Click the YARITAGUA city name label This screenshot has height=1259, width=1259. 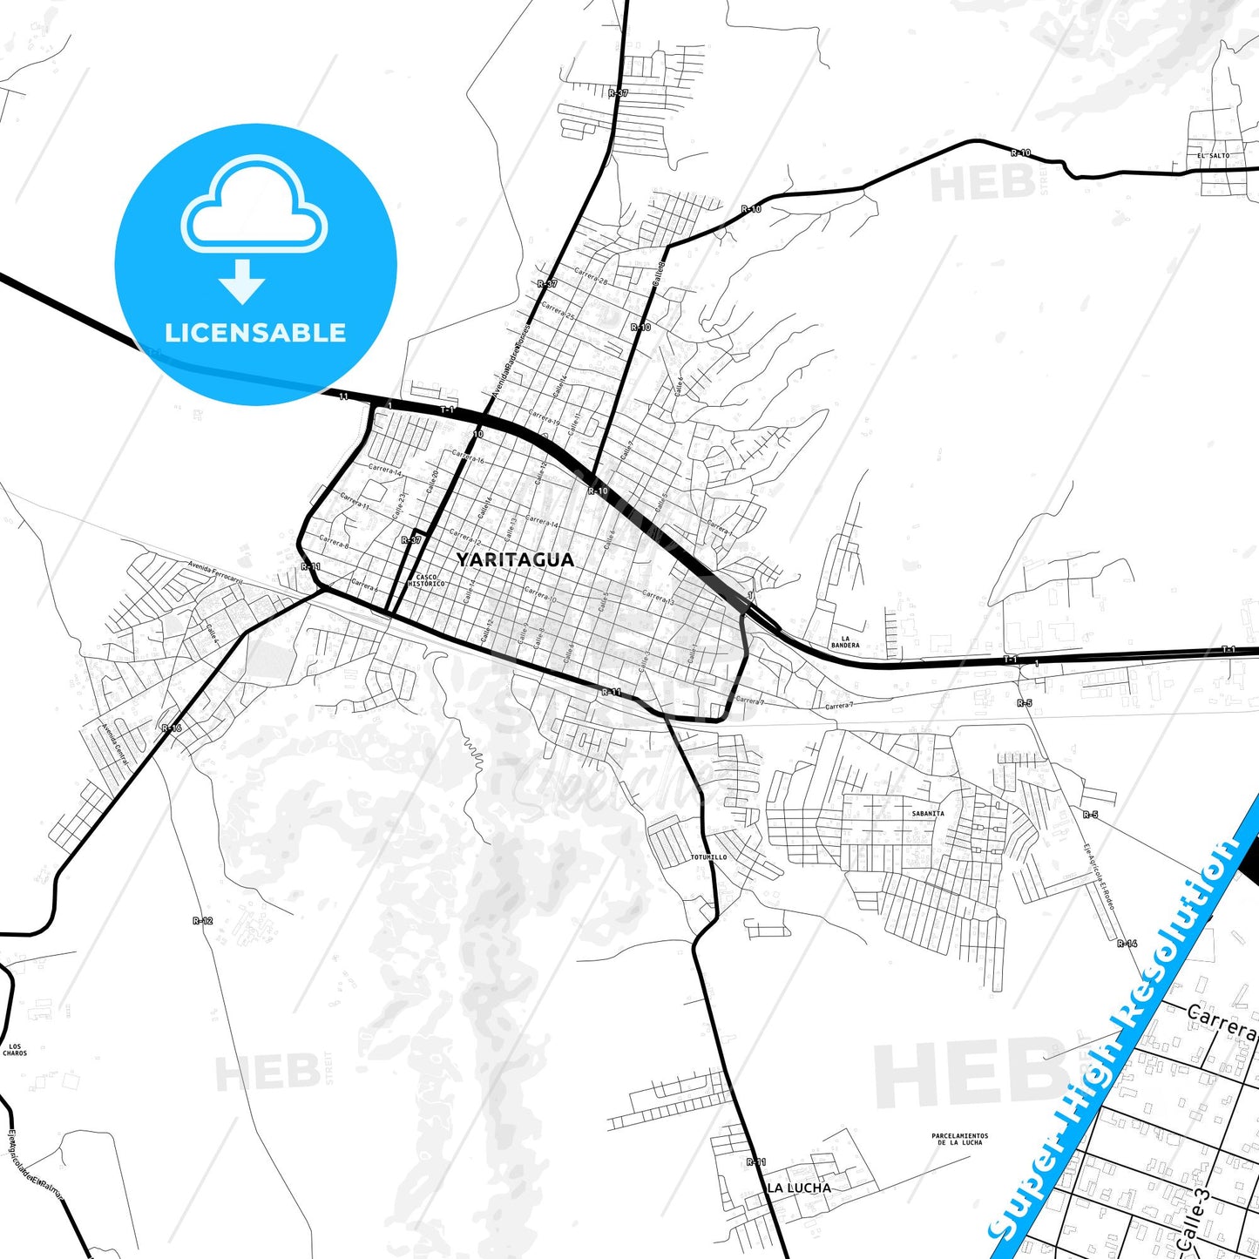tap(515, 560)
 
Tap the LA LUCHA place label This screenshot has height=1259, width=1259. tap(798, 1188)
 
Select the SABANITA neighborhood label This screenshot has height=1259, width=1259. tap(927, 814)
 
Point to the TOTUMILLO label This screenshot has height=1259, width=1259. tap(708, 857)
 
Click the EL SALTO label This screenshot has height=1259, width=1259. tap(1214, 156)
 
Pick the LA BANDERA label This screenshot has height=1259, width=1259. tap(844, 642)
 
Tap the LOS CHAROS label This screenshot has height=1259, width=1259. tap(15, 1050)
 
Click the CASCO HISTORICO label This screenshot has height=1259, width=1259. tap(430, 580)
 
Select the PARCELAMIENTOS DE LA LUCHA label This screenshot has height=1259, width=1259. tap(959, 1139)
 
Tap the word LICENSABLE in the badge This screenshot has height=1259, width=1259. tap(255, 333)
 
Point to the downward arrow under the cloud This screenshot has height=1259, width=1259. tap(242, 281)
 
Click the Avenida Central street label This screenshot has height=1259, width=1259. tap(114, 744)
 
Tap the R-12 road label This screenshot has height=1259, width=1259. tap(202, 920)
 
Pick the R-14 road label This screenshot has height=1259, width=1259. tap(1127, 943)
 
